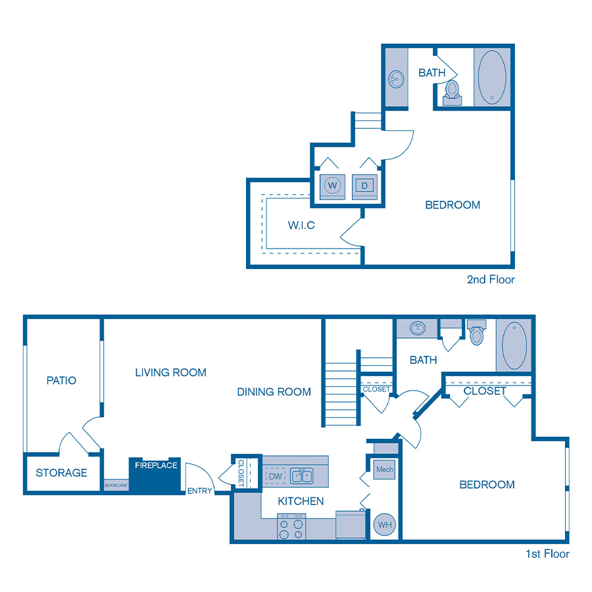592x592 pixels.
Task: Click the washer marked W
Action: tap(332, 186)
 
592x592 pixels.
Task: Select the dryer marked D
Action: tap(364, 186)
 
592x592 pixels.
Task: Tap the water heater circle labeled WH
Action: tap(384, 524)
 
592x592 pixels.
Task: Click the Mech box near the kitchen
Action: tap(384, 470)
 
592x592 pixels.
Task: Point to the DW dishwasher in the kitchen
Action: tap(274, 476)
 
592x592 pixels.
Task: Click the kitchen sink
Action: tap(303, 476)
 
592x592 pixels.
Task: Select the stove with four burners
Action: tap(292, 526)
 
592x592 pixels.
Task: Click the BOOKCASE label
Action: tap(116, 485)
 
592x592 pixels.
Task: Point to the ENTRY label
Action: tap(199, 491)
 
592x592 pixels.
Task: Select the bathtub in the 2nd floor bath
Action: tap(492, 76)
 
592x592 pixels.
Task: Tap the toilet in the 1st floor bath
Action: tap(477, 333)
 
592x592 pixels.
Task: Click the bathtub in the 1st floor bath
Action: tap(514, 345)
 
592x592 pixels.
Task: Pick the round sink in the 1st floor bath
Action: tap(416, 328)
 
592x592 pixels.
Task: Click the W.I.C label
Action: tap(301, 225)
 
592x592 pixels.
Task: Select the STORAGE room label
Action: tap(61, 472)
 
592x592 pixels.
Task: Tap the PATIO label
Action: tap(61, 380)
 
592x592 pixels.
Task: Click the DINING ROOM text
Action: tap(274, 392)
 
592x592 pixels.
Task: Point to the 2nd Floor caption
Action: tap(491, 280)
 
